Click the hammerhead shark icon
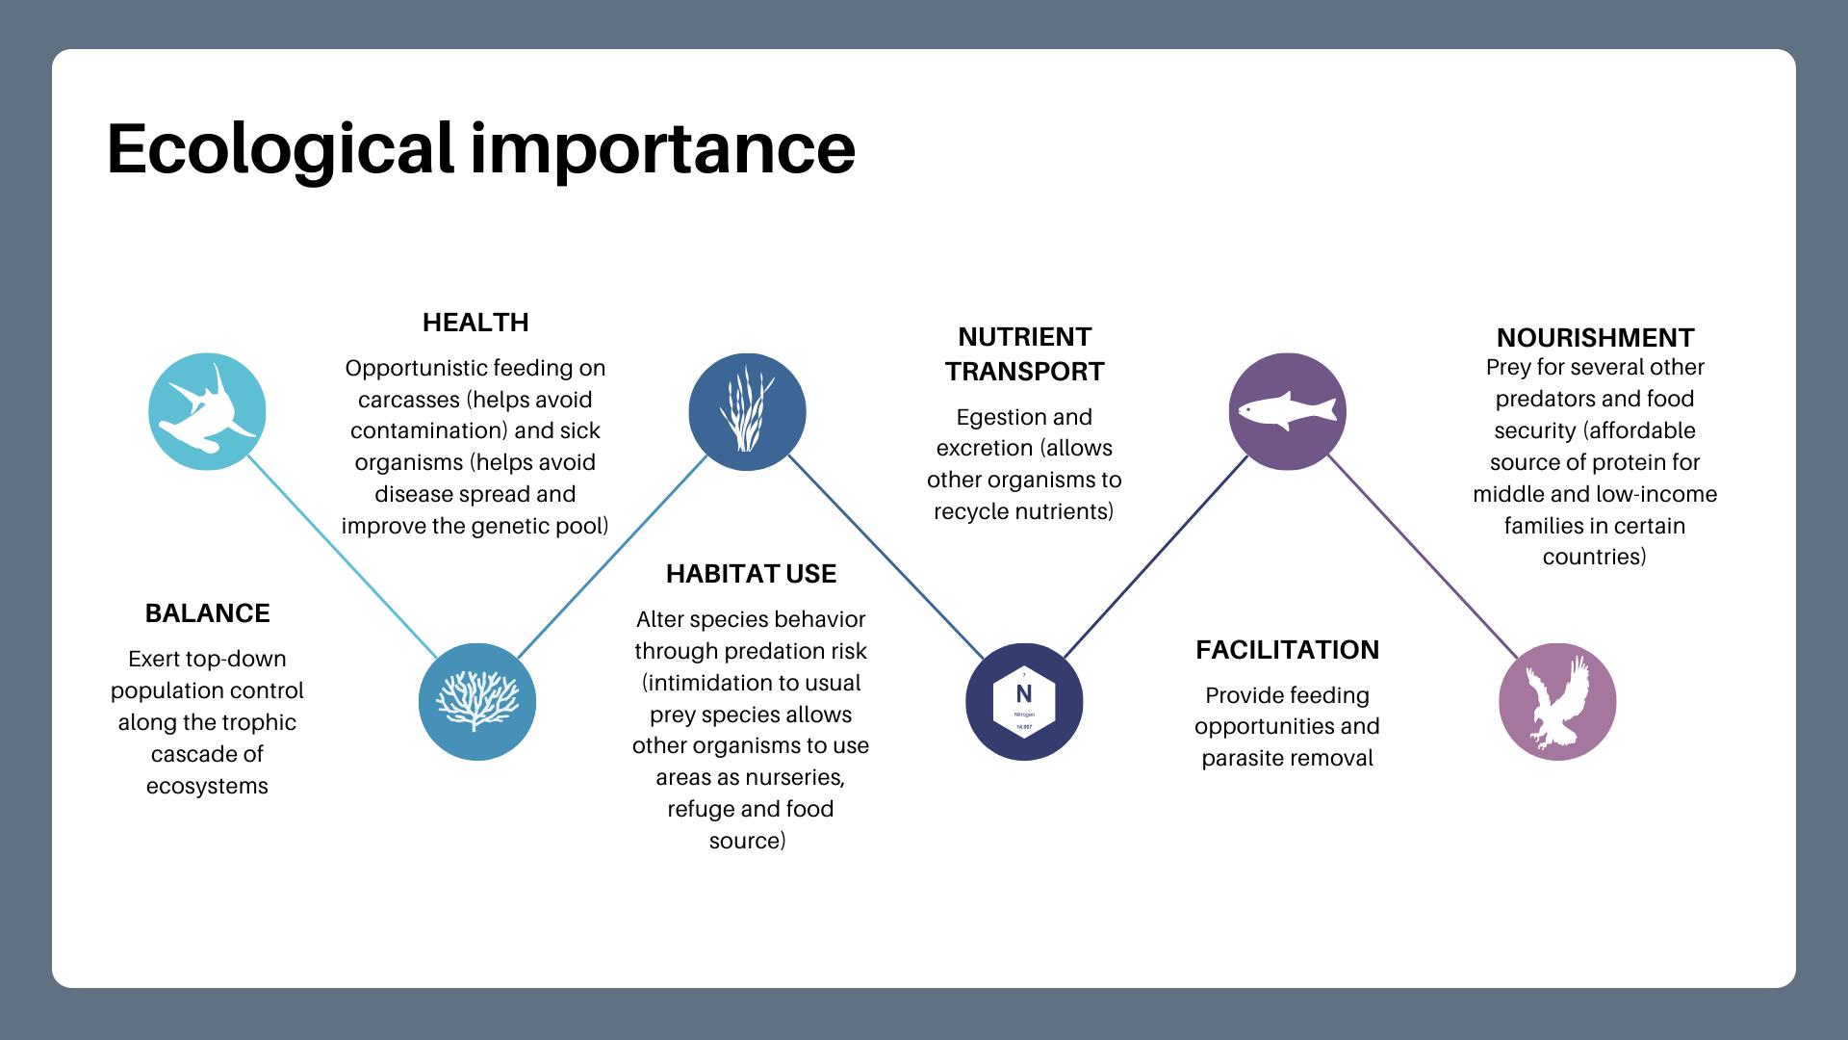point(207,412)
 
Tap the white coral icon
point(476,701)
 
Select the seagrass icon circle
point(747,412)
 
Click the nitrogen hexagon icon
point(1024,701)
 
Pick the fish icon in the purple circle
point(1287,411)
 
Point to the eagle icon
point(1557,701)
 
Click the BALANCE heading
point(207,613)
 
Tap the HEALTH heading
point(475,323)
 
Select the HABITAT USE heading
point(751,574)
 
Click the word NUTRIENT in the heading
point(1024,337)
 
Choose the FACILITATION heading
point(1287,650)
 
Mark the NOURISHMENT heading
point(1595,338)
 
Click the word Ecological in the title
point(279,149)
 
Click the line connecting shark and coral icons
point(342,557)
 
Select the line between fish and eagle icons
point(1423,557)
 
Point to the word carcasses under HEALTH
point(408,400)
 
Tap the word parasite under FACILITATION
point(1244,758)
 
